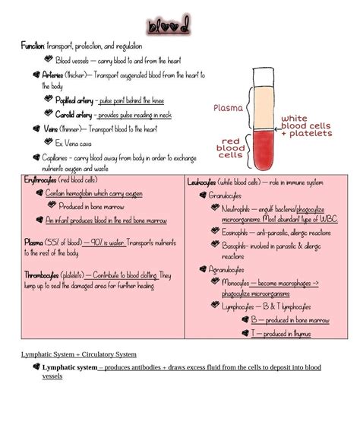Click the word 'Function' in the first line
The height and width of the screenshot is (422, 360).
(x=33, y=46)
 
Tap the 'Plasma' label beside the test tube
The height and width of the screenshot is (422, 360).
(x=228, y=108)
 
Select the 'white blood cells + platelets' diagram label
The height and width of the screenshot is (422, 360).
(x=306, y=126)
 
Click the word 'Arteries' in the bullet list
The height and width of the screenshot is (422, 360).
(x=53, y=75)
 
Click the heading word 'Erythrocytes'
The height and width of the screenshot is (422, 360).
(x=39, y=180)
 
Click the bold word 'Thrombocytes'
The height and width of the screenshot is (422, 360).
(x=43, y=274)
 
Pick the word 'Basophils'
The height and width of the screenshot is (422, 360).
(x=236, y=246)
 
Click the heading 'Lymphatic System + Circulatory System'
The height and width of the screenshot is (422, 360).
(x=78, y=354)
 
